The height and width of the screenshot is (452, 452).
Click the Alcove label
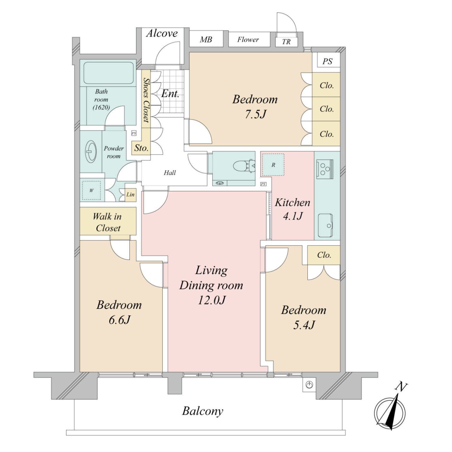(162, 33)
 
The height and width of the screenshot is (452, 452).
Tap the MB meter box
(206, 39)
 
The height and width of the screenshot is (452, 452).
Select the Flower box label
(248, 39)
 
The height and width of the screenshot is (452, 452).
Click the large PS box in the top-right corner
(327, 61)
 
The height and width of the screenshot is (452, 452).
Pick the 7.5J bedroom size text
(255, 114)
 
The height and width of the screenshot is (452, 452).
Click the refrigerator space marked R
(273, 165)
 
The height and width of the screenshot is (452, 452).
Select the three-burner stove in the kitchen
(325, 169)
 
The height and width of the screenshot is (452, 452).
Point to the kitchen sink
(325, 225)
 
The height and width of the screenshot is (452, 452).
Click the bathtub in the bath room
(108, 73)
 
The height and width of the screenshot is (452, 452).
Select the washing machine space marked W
(92, 190)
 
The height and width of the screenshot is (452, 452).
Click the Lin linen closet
(130, 194)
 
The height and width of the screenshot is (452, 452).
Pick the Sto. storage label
(141, 148)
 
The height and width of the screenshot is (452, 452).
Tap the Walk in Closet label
(107, 222)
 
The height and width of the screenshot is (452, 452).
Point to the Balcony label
(202, 411)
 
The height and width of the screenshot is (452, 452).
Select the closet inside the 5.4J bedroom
(324, 255)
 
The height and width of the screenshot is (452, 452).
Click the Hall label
(170, 173)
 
